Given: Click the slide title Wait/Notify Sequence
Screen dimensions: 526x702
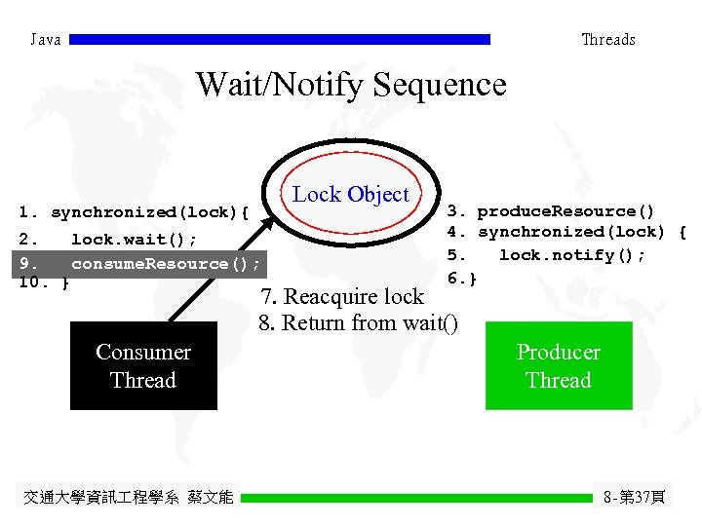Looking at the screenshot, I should tap(351, 85).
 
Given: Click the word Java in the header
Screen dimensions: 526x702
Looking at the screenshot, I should tap(46, 40).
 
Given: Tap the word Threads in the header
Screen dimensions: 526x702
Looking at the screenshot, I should tap(607, 40).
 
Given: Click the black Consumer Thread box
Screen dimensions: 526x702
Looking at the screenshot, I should tap(143, 366).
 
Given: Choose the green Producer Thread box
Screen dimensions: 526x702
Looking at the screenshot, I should tap(559, 366).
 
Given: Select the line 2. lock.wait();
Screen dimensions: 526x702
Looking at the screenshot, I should tap(108, 240).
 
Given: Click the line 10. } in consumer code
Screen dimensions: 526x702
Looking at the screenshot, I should tap(44, 282).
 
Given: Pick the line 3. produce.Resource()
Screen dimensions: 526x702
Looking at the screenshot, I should tap(551, 211).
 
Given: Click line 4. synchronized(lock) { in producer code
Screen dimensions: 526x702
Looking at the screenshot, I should tap(566, 232).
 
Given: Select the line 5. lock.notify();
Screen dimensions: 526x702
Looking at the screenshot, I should tap(546, 255).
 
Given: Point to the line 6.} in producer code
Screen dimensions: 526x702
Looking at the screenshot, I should tap(462, 279).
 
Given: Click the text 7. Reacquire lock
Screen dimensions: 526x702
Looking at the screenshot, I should tap(341, 297).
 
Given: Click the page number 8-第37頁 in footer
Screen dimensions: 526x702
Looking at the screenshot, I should tap(634, 498).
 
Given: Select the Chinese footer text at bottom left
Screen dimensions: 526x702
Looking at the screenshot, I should tap(128, 498).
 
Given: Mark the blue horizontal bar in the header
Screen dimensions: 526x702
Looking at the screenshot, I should tap(280, 40).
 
